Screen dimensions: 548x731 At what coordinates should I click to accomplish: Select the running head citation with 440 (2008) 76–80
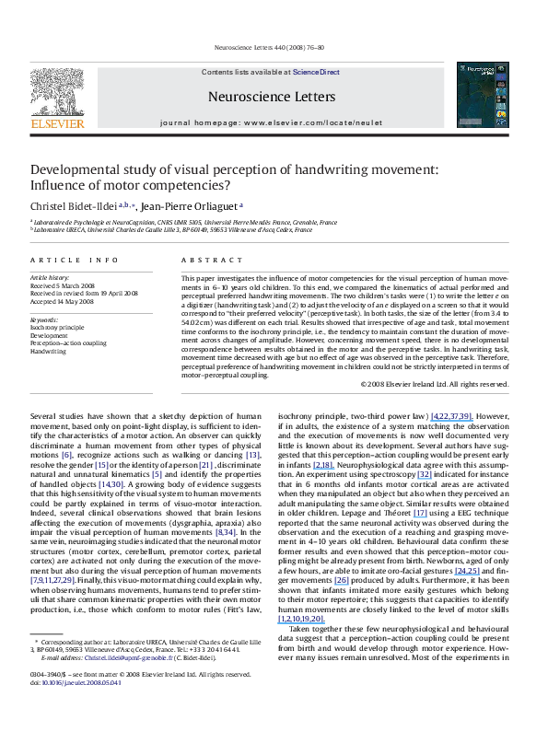274,46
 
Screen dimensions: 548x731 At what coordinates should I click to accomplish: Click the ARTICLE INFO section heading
73,261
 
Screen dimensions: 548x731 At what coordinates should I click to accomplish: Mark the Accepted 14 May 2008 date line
63,301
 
